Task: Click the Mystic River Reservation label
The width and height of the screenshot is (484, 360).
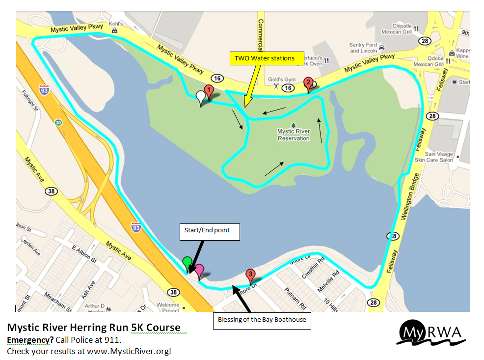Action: tap(294, 135)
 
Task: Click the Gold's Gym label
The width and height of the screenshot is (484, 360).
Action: tap(278, 80)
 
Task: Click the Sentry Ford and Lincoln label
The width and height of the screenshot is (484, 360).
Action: tap(363, 48)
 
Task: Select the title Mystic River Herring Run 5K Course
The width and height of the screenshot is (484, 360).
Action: tap(94, 328)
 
